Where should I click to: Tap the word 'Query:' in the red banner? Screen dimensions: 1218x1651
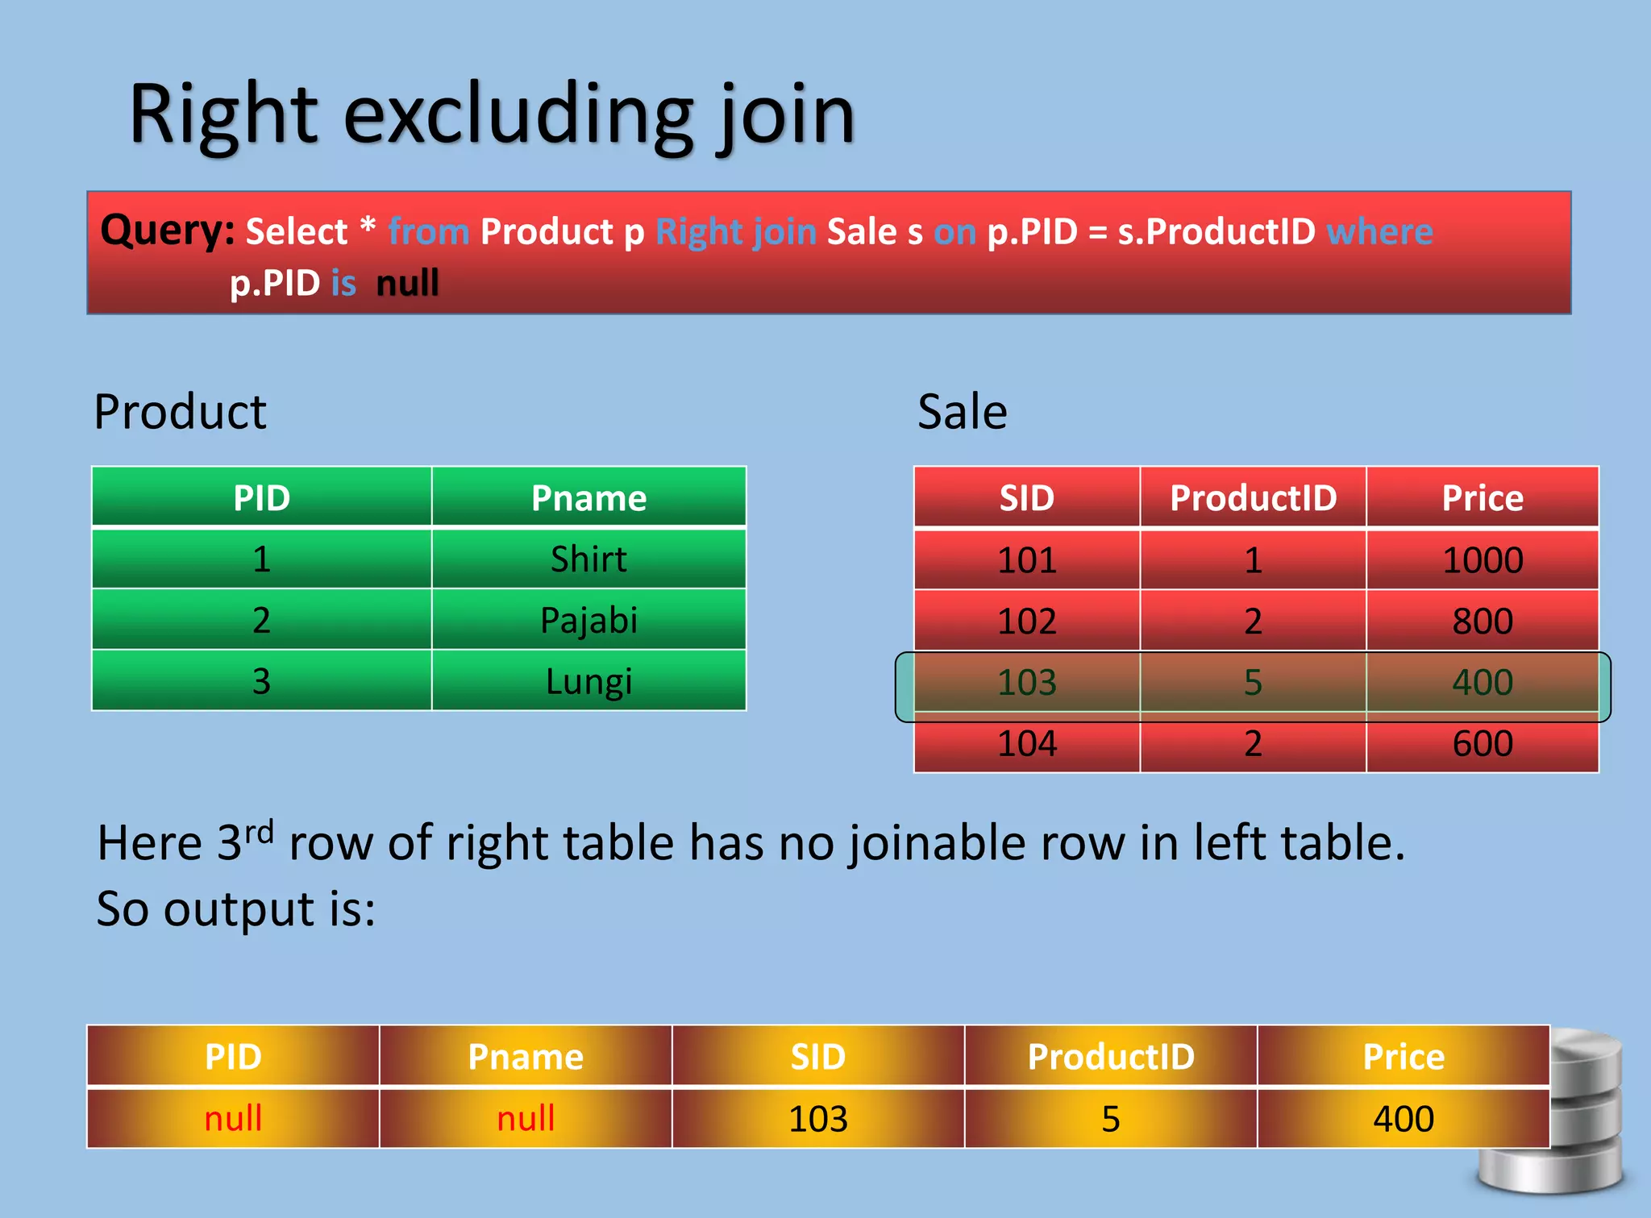[x=167, y=231]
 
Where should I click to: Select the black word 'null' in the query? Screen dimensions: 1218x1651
[x=407, y=283]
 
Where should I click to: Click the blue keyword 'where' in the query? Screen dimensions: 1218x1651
[x=1379, y=231]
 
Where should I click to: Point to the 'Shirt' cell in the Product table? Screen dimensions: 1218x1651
[x=588, y=559]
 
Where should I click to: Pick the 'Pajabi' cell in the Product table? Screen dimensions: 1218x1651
[x=588, y=621]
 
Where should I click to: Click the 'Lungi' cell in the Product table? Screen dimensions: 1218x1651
[x=588, y=681]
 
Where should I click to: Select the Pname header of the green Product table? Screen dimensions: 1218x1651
[x=588, y=498]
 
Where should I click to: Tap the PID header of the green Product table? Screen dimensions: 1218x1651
[x=261, y=498]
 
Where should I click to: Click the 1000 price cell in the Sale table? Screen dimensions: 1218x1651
[x=1482, y=560]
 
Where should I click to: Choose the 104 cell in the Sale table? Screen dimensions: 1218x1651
[x=1026, y=743]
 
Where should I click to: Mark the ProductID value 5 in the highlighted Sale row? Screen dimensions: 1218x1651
[x=1252, y=683]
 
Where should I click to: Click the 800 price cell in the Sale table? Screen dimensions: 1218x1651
[x=1482, y=621]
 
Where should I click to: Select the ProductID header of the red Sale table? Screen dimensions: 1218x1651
[x=1253, y=498]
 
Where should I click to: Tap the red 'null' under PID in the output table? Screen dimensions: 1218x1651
[x=233, y=1119]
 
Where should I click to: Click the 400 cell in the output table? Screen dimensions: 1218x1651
[x=1403, y=1119]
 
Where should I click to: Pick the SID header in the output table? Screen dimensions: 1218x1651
[x=817, y=1057]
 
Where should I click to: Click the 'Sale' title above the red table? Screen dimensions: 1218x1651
[x=962, y=412]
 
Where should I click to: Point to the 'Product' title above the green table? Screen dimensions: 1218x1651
[x=180, y=412]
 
